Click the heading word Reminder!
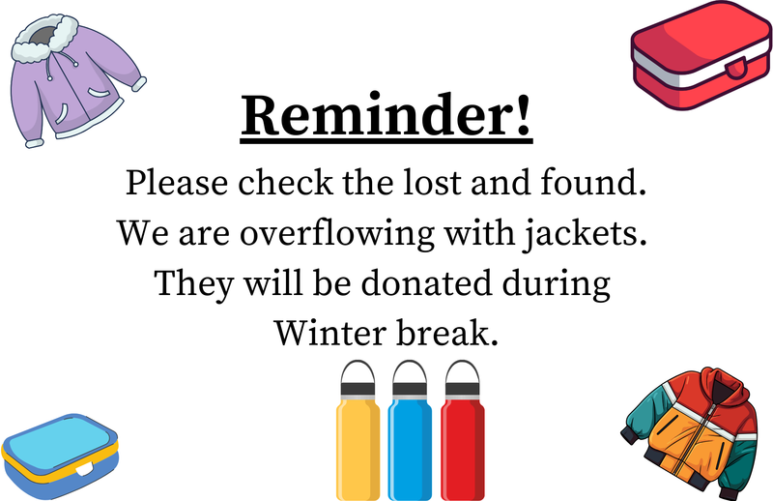pos(386,117)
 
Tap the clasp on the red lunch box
pos(737,70)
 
